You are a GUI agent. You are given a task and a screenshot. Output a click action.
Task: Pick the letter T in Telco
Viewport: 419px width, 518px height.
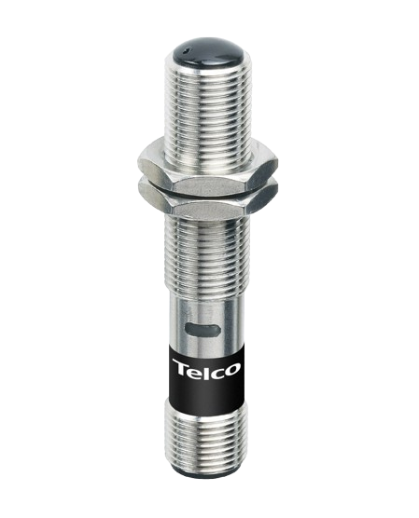click(x=179, y=370)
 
